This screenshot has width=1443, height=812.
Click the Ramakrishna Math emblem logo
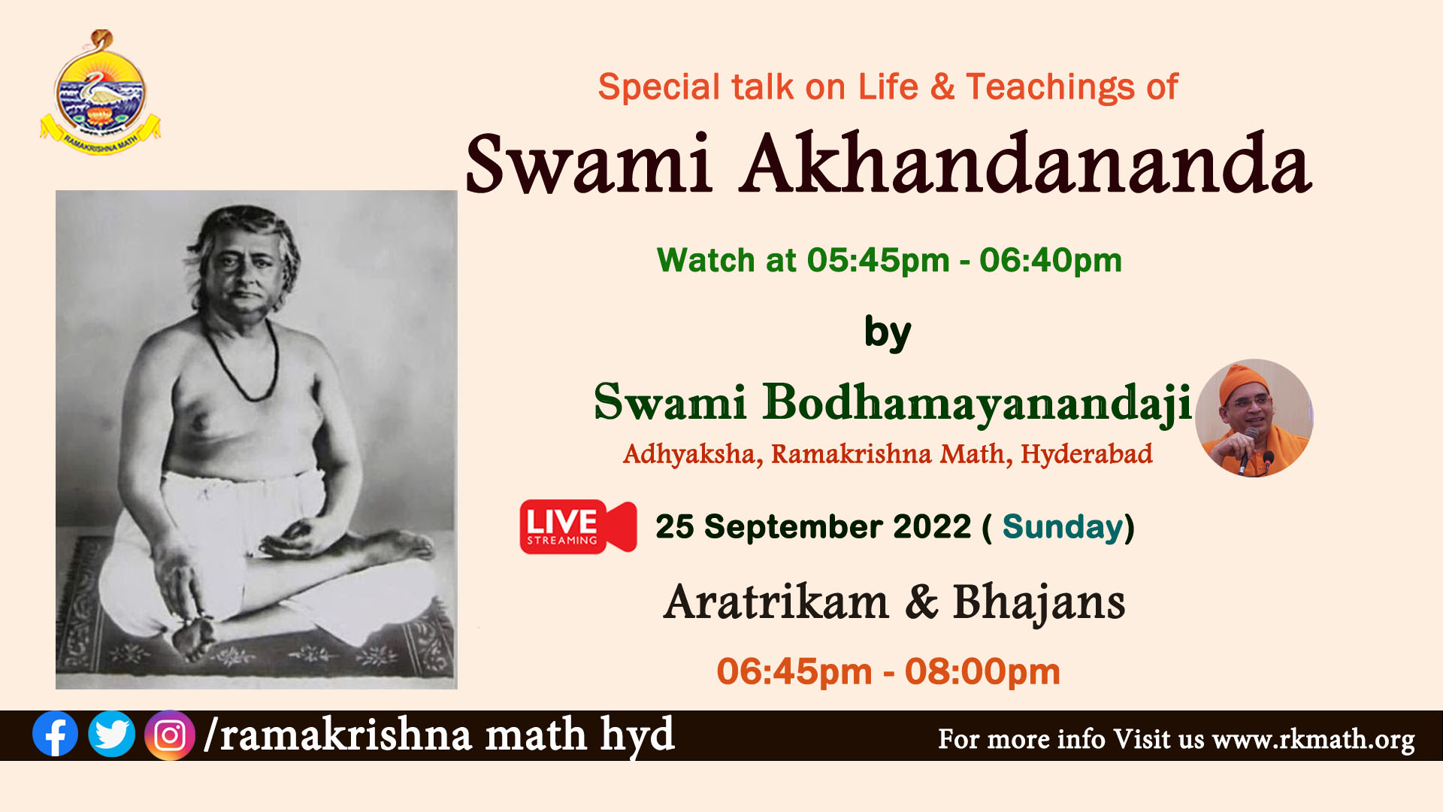(100, 92)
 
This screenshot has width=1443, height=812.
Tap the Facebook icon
(55, 734)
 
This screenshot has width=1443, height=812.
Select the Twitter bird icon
(112, 734)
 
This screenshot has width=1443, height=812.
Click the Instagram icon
(170, 735)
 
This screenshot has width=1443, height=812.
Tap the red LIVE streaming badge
(578, 526)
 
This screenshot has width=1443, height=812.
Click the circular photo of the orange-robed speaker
(1254, 418)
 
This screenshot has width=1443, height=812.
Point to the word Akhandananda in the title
(1025, 164)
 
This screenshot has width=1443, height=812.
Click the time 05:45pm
(878, 261)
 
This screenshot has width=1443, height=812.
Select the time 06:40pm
(1050, 261)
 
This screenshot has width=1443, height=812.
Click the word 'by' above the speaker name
(888, 333)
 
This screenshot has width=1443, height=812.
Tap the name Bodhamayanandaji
(977, 404)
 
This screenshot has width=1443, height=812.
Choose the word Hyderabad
(1086, 454)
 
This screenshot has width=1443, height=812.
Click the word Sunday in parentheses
(1062, 527)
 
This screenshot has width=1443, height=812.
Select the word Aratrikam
(776, 602)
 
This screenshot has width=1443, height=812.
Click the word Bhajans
(1039, 604)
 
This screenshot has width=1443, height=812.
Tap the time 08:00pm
(982, 671)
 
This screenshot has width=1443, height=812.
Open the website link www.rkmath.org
(1313, 740)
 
